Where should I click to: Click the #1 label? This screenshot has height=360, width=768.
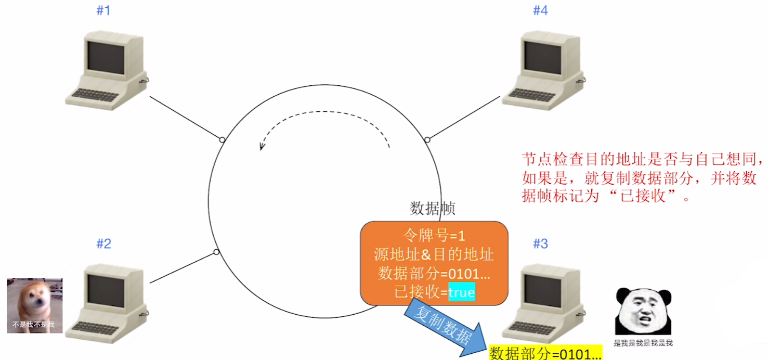pos(103,10)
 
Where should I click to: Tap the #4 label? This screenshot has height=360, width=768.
pos(540,10)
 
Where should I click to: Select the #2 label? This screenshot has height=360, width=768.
pos(103,243)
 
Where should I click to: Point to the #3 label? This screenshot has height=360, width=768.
pos(540,243)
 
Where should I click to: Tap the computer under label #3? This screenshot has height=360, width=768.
pos(544,302)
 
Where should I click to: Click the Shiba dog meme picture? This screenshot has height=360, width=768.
pos(35,305)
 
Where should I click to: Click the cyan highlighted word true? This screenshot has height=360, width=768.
pos(462,292)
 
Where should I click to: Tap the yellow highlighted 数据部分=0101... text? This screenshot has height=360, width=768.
pos(545,353)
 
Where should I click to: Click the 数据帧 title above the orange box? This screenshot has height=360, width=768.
pos(433,209)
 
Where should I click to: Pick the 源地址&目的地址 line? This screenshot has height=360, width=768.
pos(434,255)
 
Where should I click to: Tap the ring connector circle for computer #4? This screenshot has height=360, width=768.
pos(427,139)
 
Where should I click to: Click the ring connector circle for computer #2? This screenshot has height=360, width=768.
pos(217,252)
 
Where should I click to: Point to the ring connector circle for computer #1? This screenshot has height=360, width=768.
pos(222,139)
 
